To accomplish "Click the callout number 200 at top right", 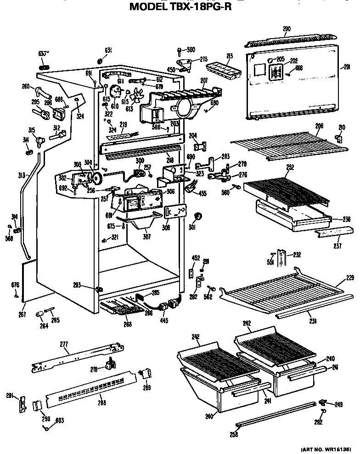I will tap(287, 29).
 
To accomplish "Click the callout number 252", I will tap(290, 168).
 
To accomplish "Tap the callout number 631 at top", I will tap(108, 50).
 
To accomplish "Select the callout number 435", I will tap(202, 193).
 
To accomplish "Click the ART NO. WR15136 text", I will tap(326, 448).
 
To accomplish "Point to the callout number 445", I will tap(164, 320).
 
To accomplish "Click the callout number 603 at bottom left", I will tap(60, 420).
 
